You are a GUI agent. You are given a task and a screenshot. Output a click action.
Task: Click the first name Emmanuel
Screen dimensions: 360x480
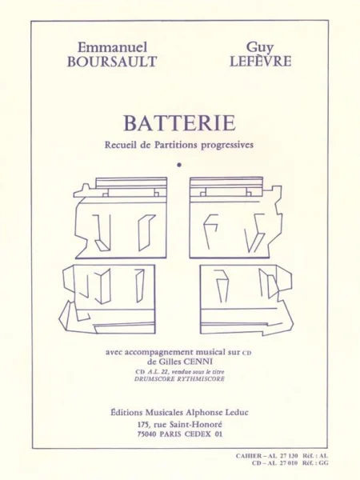click(x=112, y=47)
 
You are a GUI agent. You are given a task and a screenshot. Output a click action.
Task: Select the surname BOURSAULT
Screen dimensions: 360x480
click(x=112, y=62)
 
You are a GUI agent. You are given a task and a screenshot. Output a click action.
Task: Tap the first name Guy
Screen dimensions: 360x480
click(x=260, y=47)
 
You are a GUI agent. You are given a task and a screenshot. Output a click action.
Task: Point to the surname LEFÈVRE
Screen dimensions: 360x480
click(x=260, y=61)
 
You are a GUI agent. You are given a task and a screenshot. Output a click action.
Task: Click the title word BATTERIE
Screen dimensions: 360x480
click(x=180, y=123)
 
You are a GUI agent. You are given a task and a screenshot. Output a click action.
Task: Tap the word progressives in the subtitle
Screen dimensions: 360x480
click(x=227, y=145)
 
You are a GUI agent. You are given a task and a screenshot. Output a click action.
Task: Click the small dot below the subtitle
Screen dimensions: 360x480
click(x=179, y=165)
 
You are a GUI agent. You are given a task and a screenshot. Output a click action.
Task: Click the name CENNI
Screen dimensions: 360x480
click(x=196, y=362)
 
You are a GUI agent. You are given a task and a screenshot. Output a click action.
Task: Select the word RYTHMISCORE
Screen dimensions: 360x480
click(x=198, y=378)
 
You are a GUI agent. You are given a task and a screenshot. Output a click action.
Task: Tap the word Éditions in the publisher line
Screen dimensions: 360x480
click(x=126, y=412)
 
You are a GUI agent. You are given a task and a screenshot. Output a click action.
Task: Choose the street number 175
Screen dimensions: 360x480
click(x=143, y=425)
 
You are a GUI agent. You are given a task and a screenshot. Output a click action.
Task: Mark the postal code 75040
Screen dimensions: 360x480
click(x=147, y=434)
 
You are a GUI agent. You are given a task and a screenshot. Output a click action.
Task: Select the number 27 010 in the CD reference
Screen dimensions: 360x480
click(x=287, y=463)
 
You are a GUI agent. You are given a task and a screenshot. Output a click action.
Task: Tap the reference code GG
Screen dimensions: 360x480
click(x=324, y=463)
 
